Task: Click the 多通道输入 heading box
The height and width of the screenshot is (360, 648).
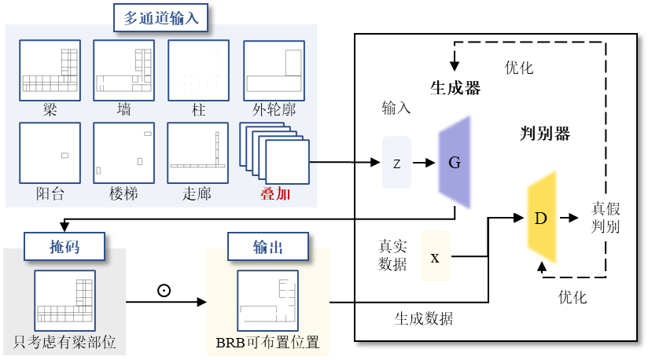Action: pyautogui.click(x=161, y=17)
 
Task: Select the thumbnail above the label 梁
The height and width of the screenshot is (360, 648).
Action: pyautogui.click(x=50, y=70)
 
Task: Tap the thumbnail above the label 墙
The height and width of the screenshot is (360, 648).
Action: pyautogui.click(x=123, y=70)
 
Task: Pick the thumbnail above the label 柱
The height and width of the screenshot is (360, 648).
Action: pyautogui.click(x=198, y=70)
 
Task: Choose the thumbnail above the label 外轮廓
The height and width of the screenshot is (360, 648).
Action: pyautogui.click(x=273, y=70)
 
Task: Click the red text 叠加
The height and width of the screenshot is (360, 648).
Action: pyautogui.click(x=275, y=193)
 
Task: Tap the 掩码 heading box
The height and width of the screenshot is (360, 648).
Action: pyautogui.click(x=64, y=248)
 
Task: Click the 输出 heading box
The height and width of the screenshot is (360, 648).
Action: pyautogui.click(x=267, y=248)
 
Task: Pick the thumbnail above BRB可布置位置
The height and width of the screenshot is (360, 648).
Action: pyautogui.click(x=268, y=300)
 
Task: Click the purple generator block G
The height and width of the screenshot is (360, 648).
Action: pyautogui.click(x=455, y=163)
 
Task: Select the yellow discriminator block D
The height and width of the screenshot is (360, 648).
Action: pyautogui.click(x=540, y=218)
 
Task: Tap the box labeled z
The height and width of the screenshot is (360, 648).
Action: pyautogui.click(x=396, y=163)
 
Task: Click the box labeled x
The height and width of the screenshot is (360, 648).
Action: pyautogui.click(x=435, y=256)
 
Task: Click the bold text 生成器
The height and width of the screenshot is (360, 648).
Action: pyautogui.click(x=455, y=87)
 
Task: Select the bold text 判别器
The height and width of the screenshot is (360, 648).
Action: pyautogui.click(x=545, y=134)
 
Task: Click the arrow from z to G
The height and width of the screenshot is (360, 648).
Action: pyautogui.click(x=424, y=163)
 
